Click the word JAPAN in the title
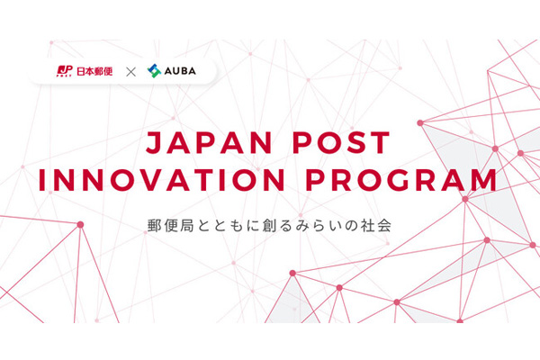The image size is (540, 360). (210, 142)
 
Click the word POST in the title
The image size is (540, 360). (341, 142)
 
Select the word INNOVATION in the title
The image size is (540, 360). (162, 179)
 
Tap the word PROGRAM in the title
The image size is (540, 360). (401, 179)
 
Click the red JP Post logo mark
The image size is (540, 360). (65, 71)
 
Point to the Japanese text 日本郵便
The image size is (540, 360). (94, 71)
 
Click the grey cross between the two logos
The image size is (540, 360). (130, 72)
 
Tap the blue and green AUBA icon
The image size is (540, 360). (154, 71)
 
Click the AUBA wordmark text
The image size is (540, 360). (180, 71)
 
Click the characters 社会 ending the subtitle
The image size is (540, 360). (376, 226)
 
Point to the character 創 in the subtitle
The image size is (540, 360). (270, 226)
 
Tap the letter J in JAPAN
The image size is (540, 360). (154, 142)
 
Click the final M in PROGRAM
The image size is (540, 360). (484, 179)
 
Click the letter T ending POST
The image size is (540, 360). (380, 142)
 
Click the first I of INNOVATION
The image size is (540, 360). (41, 179)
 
